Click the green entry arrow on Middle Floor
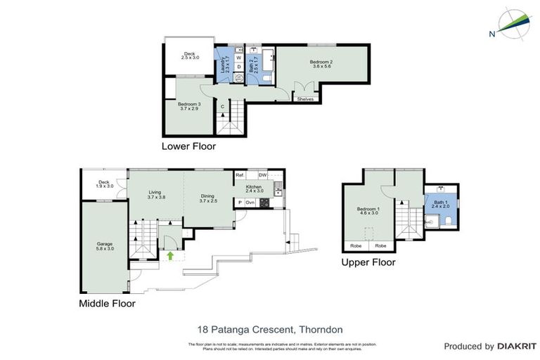170,256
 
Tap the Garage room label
104,246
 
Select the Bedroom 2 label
321,64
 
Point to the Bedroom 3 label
190,106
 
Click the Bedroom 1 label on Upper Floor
368,211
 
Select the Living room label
157,196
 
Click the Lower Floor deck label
188,56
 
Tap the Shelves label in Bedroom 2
305,99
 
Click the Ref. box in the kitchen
240,175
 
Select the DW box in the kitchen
262,175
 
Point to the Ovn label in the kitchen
250,202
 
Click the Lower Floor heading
188,147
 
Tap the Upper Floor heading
368,262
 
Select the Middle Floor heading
107,304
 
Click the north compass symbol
513,24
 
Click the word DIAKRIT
517,346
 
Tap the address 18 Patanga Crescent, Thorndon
270,328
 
